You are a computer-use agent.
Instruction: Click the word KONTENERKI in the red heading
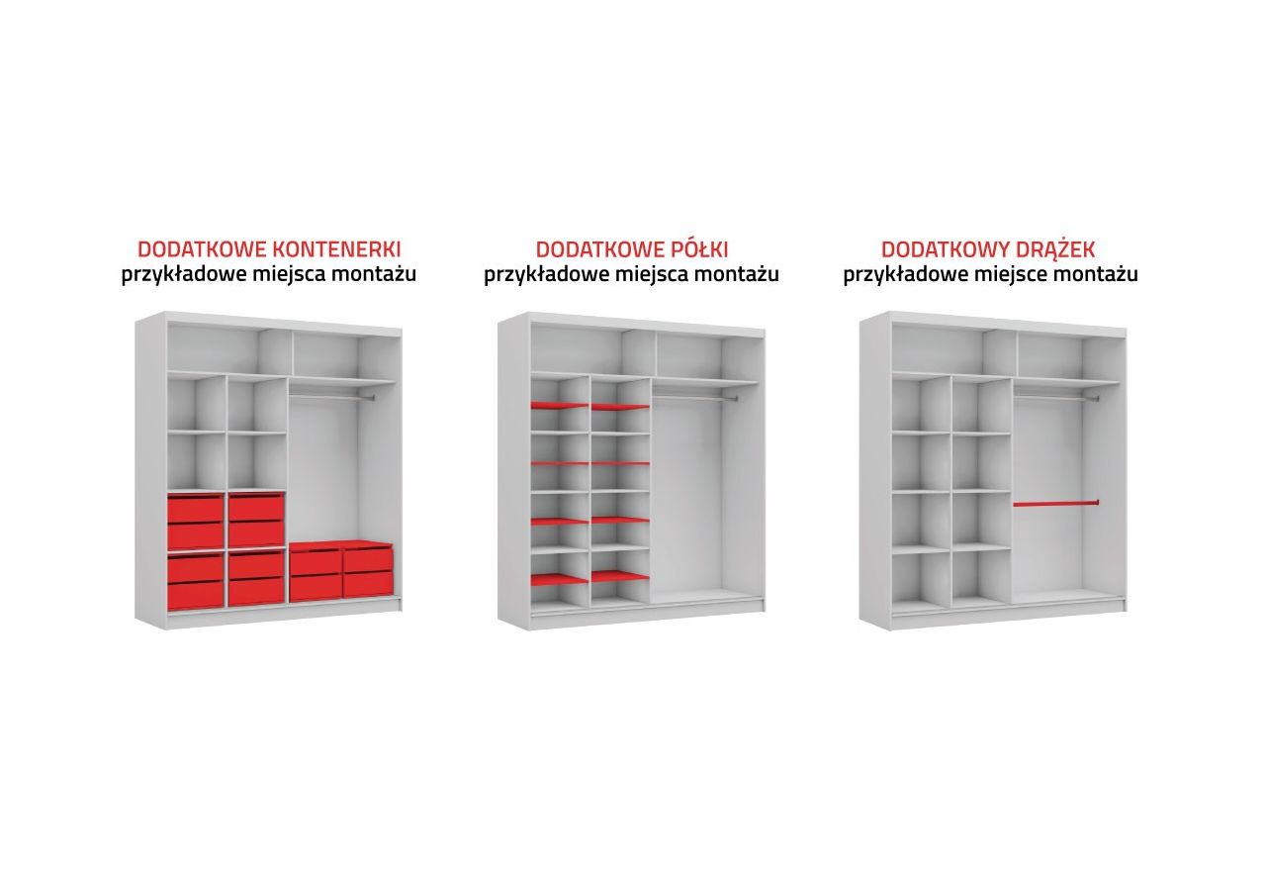pyautogui.click(x=337, y=249)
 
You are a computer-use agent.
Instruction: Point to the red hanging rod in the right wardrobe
pyautogui.click(x=1055, y=503)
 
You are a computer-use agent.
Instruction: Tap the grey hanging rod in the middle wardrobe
pyautogui.click(x=694, y=398)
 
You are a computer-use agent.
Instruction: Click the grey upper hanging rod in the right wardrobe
pyautogui.click(x=1055, y=398)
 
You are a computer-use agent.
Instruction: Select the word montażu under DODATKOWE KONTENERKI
pyautogui.click(x=374, y=274)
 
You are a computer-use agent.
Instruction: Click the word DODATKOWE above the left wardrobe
pyautogui.click(x=203, y=249)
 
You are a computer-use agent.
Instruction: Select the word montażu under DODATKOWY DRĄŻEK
pyautogui.click(x=1096, y=275)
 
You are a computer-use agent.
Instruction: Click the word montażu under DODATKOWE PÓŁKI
pyautogui.click(x=737, y=275)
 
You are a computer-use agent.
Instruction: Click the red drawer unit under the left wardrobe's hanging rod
pyautogui.click(x=341, y=571)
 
